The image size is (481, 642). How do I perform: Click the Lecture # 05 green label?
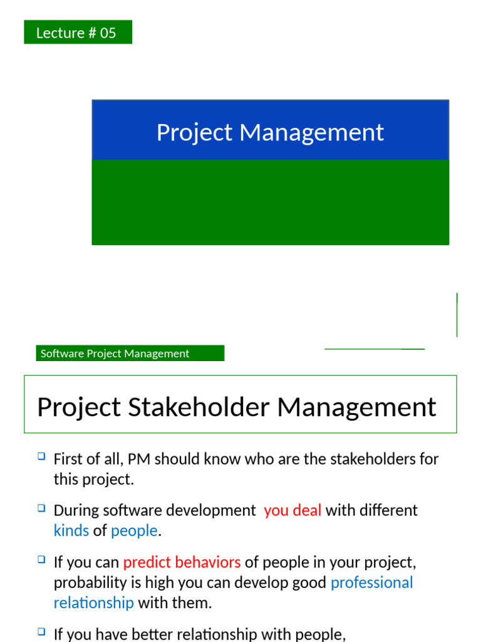pyautogui.click(x=78, y=33)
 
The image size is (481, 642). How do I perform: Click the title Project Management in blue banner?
pyautogui.click(x=270, y=132)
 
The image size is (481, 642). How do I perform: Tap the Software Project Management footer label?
pyautogui.click(x=130, y=354)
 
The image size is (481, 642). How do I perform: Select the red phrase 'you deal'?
pyautogui.click(x=292, y=510)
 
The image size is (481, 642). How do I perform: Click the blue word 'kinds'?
pyautogui.click(x=71, y=530)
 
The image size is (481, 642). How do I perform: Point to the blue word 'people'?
pyautogui.click(x=134, y=530)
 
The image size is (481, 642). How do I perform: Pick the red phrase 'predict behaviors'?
pyautogui.click(x=182, y=562)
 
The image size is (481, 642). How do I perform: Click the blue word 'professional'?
pyautogui.click(x=371, y=582)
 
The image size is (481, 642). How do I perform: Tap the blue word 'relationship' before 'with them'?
pyautogui.click(x=93, y=603)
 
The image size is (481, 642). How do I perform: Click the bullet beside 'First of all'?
pyautogui.click(x=41, y=457)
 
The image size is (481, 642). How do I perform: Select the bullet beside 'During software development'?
pyautogui.click(x=41, y=508)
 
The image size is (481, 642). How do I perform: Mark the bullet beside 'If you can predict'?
pyautogui.click(x=41, y=560)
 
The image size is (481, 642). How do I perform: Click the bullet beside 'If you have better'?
pyautogui.click(x=41, y=633)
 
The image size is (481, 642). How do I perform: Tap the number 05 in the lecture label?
pyautogui.click(x=108, y=33)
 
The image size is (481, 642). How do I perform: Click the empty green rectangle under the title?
pyautogui.click(x=270, y=202)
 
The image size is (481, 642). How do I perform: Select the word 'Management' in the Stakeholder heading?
pyautogui.click(x=356, y=407)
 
